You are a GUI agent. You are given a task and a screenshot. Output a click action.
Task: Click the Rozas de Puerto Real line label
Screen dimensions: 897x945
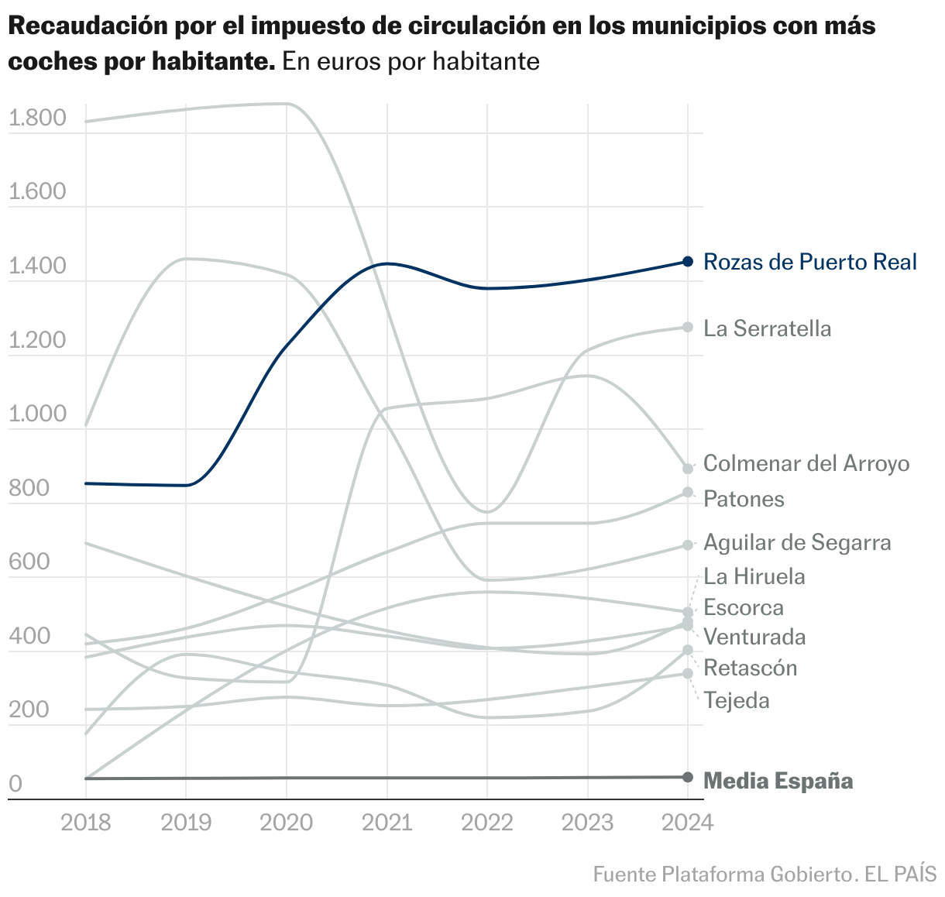pos(809,262)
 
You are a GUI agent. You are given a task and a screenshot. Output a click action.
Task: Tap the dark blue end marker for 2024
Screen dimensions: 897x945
pos(688,262)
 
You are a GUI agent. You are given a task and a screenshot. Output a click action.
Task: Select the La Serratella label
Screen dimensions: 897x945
pos(767,328)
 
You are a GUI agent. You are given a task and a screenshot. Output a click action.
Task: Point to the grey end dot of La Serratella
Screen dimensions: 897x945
pos(688,327)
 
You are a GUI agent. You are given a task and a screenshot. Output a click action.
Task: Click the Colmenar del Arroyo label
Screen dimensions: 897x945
pos(806,463)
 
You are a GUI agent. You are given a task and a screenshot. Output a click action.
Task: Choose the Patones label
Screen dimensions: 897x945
pos(744,499)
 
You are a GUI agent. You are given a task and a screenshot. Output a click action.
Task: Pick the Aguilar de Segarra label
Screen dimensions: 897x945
pos(797,542)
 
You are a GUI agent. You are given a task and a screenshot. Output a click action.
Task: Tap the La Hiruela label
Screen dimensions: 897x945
pos(754,576)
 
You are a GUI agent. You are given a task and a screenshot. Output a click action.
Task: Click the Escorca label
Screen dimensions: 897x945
pos(744,607)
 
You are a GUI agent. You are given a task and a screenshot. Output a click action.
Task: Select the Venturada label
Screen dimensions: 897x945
pos(754,637)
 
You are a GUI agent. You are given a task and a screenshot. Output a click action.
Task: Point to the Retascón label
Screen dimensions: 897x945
pos(750,668)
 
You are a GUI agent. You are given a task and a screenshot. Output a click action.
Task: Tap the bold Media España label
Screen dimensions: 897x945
pos(778,781)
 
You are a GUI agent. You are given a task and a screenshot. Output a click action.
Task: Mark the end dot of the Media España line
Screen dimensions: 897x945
pos(688,777)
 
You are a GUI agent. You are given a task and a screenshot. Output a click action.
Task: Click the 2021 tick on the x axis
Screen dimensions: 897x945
pos(387,822)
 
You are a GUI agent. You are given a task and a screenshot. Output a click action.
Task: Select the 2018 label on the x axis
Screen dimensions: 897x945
pos(85,822)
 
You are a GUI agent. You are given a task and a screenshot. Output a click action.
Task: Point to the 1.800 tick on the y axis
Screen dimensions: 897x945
pos(36,119)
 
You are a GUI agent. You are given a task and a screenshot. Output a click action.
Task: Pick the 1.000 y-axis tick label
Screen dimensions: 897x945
pos(36,414)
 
